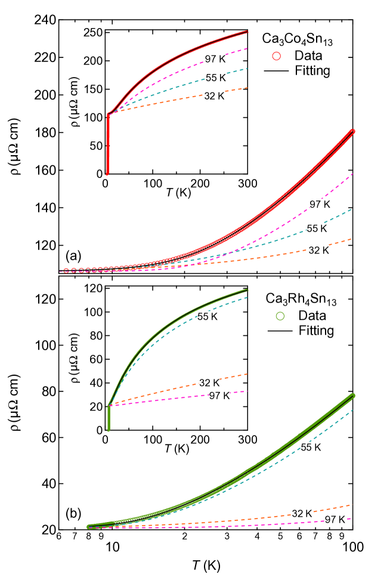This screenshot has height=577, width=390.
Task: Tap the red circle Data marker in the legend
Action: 276,55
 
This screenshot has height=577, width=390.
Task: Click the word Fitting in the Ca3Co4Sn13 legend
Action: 312,70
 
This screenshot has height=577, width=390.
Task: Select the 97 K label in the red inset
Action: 215,58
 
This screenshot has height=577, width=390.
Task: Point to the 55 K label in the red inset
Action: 215,78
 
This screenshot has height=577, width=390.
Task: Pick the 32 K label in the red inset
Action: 214,95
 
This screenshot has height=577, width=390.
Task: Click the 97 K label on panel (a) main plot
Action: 320,204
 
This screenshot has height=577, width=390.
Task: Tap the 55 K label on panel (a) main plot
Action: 317,228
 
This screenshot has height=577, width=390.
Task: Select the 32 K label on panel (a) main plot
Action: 318,251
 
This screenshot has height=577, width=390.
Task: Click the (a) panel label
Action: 73,256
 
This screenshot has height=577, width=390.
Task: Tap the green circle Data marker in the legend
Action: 282,316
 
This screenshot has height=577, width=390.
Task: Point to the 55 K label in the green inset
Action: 207,317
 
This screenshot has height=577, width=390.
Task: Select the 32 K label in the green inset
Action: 209,382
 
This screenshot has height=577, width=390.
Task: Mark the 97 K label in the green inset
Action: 219,396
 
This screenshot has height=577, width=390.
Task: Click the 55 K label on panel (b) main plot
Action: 311,447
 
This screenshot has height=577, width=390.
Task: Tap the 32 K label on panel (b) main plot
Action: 302,513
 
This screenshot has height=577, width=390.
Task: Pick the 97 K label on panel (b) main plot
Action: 335,520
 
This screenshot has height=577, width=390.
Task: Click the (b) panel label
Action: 73,513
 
